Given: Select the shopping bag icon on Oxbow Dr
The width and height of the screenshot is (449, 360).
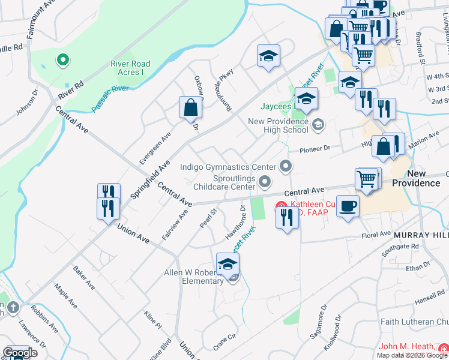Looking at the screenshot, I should point(190,108).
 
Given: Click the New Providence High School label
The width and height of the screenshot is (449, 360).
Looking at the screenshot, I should point(278,126).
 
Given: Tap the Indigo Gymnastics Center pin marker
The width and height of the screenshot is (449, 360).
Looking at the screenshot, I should point(286,166).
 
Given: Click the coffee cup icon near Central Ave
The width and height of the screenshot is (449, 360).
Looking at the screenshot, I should point(348,207).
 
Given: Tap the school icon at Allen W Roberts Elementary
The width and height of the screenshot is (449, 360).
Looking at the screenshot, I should point(228,264).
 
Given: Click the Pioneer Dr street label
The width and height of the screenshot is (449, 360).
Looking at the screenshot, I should point(319,148).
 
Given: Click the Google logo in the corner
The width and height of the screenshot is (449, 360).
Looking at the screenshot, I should point(20,353).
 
